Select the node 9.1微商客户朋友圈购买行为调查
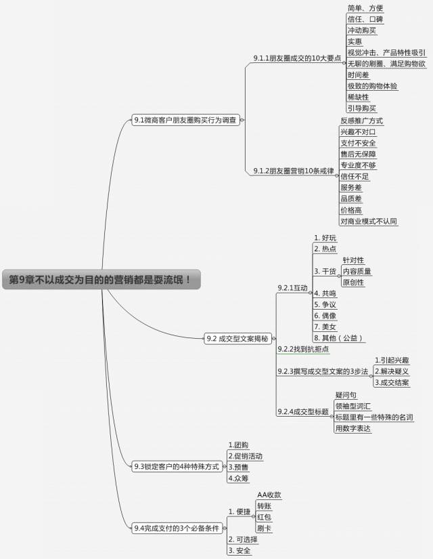[185, 120]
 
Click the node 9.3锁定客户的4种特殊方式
[177, 466]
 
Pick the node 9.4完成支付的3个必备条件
[177, 527]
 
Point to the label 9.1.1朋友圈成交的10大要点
[297, 59]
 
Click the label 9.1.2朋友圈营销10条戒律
[294, 171]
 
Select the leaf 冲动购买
[362, 30]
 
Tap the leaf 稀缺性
[359, 97]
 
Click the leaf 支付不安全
[358, 143]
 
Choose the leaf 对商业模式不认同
[368, 221]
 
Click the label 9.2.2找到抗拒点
[303, 349]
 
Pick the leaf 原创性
[353, 282]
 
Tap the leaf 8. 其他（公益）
[340, 337]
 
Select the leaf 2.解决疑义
[392, 371]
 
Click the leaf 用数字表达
[352, 428]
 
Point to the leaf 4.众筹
[238, 478]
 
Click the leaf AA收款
[269, 495]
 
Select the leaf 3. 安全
[240, 550]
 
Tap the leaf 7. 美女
[325, 327]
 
